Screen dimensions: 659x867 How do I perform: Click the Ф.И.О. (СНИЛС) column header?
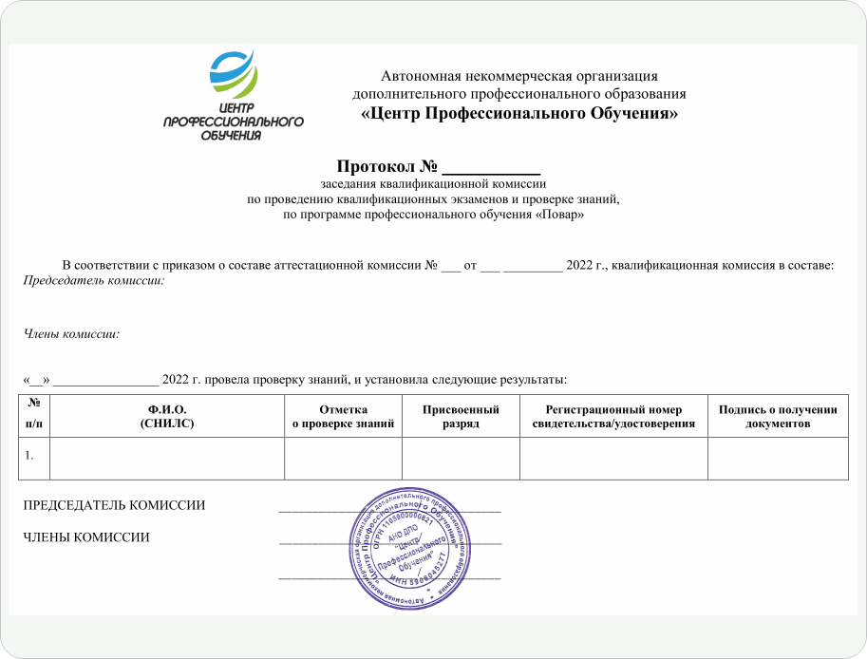point(166,416)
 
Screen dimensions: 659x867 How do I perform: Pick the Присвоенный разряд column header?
point(461,416)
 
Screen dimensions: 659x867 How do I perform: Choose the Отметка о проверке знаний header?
point(343,416)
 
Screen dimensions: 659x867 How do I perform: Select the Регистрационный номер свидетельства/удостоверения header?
point(613,416)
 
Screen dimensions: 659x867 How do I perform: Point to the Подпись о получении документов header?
point(778,416)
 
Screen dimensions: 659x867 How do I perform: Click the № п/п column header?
point(35,416)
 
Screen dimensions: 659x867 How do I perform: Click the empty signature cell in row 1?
point(778,459)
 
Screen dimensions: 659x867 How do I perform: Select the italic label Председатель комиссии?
point(94,281)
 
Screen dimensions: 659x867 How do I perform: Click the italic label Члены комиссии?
point(71,333)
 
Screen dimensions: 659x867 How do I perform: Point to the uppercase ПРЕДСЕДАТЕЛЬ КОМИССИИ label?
point(114,505)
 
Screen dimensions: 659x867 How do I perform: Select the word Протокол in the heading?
point(368,168)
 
